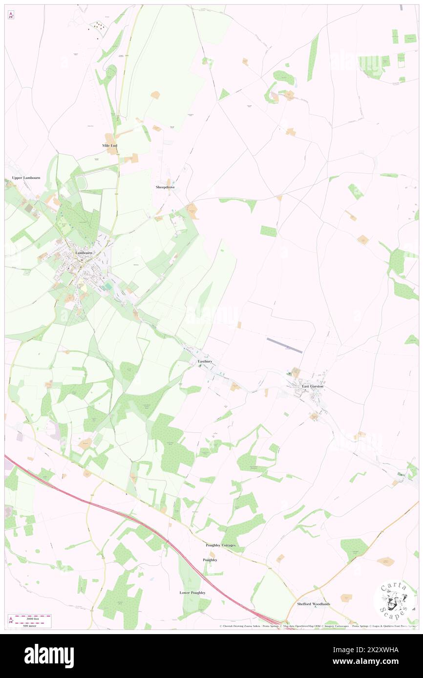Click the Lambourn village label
(x=84, y=253)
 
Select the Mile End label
(x=110, y=146)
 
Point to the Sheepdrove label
(x=165, y=187)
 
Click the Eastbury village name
(x=205, y=361)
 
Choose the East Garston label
(x=313, y=386)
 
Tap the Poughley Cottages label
(x=221, y=545)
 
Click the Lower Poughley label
(x=192, y=593)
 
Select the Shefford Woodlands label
(x=314, y=604)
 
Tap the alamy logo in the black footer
(x=49, y=655)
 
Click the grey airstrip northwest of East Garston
(x=285, y=345)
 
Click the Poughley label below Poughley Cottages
(x=210, y=560)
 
